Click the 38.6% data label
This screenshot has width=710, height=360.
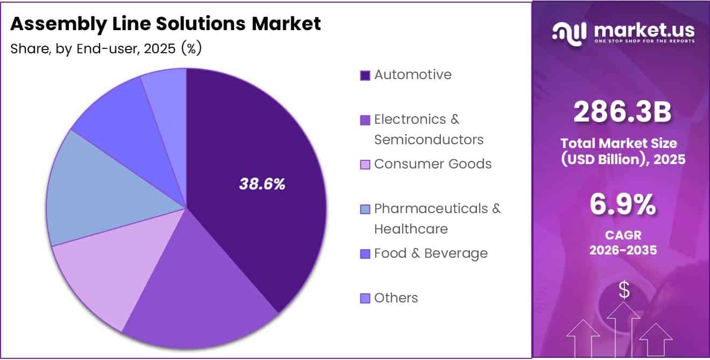tap(262, 184)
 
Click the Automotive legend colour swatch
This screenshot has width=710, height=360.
tap(365, 75)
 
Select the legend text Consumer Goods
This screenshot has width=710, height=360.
tap(433, 164)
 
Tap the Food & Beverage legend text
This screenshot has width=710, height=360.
tap(431, 253)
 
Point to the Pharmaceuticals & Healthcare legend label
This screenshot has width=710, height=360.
tap(437, 218)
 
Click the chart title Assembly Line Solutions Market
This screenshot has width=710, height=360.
tap(165, 24)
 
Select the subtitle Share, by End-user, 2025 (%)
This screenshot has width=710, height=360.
tap(106, 48)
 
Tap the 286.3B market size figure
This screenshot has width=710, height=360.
tap(623, 112)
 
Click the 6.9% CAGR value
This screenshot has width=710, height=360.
tap(623, 205)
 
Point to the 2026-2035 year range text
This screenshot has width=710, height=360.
tap(623, 250)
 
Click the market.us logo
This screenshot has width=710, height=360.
tap(623, 33)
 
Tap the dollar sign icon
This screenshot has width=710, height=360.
tap(624, 290)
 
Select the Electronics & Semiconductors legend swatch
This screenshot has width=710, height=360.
tap(365, 120)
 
